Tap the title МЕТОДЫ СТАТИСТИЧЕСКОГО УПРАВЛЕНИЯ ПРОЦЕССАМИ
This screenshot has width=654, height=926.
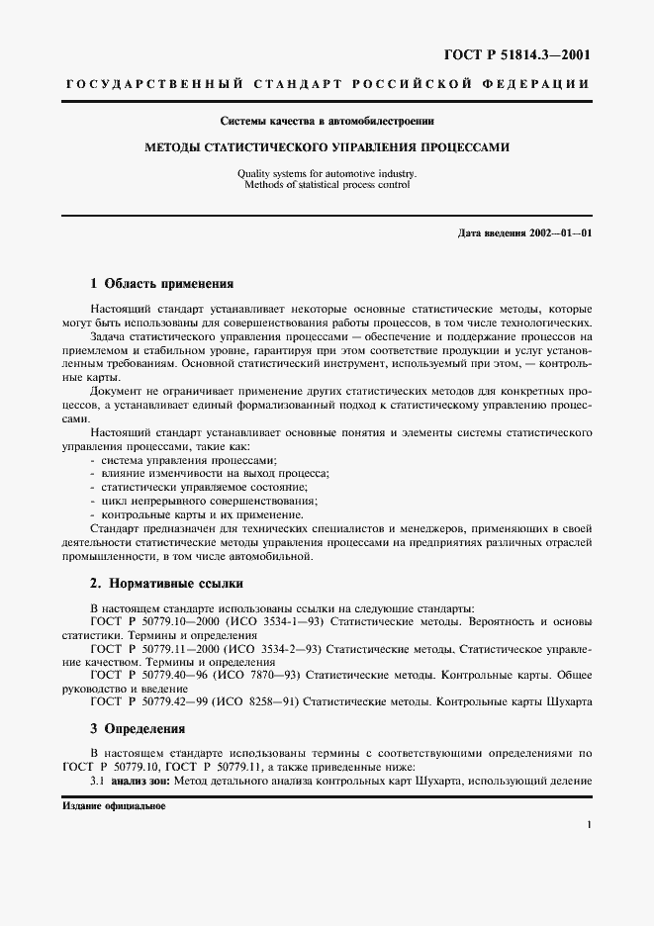[327, 147]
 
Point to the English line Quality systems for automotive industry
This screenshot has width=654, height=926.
[326, 173]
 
